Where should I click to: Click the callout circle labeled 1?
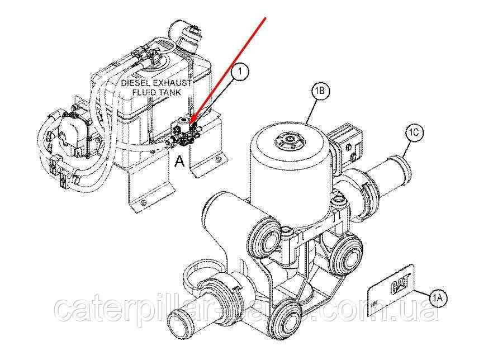point(240,72)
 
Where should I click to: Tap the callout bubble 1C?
point(414,133)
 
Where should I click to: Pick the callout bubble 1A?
point(438,298)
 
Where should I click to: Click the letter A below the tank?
point(179,162)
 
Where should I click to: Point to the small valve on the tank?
point(182,131)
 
